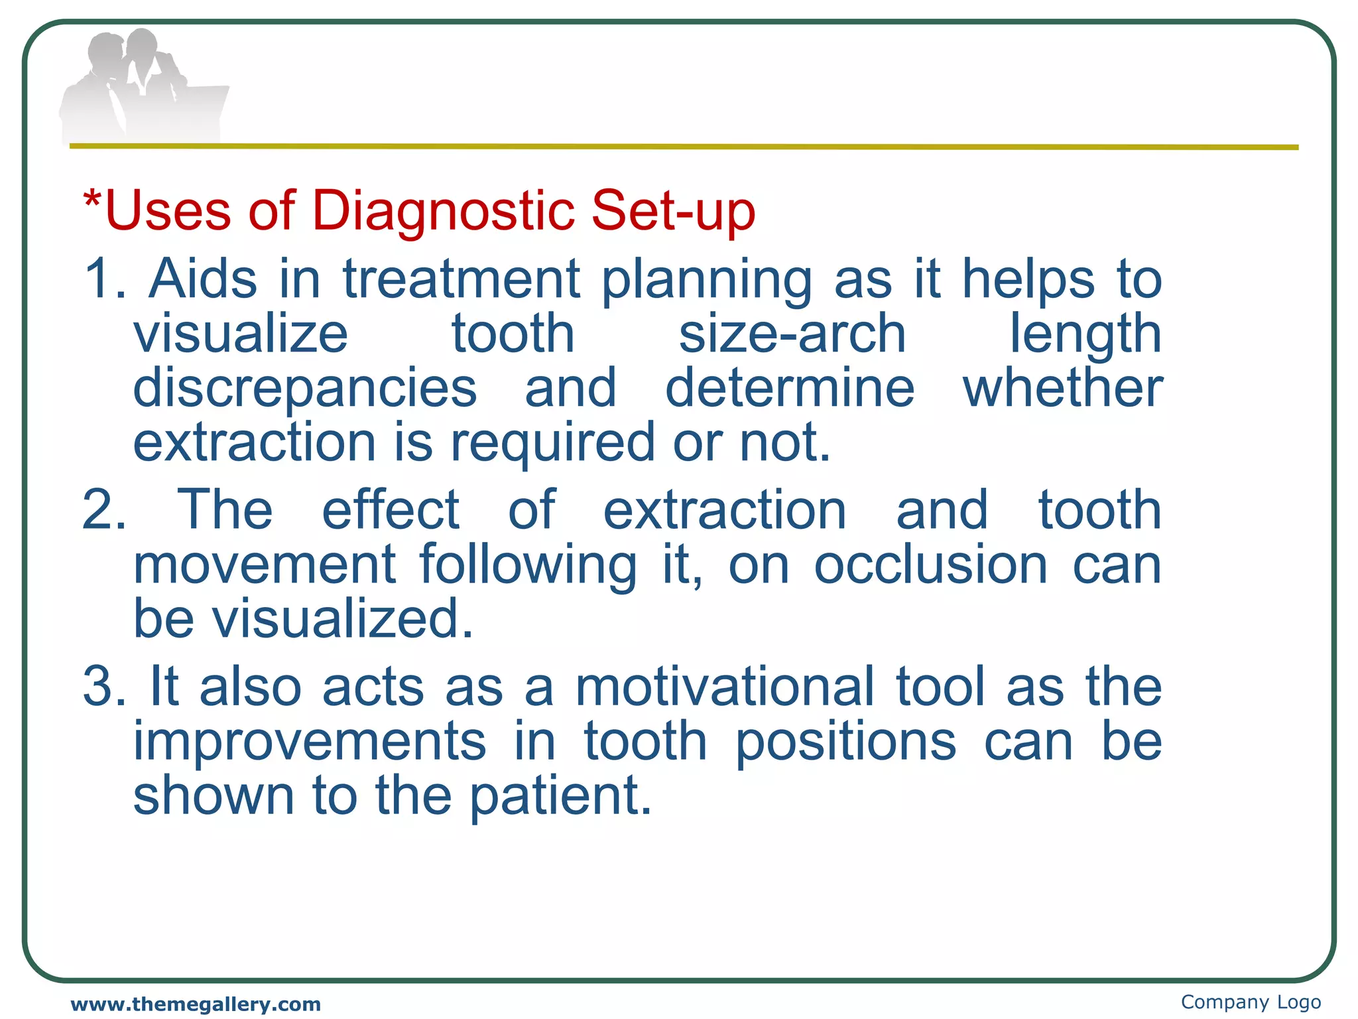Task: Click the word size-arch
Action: point(792,334)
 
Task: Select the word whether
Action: point(1062,388)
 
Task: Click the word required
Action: point(553,444)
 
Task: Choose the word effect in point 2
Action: point(391,509)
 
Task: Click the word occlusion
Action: point(930,565)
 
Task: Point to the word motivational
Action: point(725,687)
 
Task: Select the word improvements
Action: point(310,742)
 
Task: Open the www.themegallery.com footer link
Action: point(196,1004)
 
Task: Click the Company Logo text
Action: point(1251,1002)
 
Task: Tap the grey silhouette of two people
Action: point(143,86)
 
